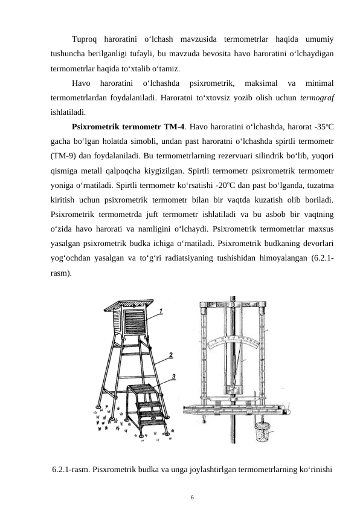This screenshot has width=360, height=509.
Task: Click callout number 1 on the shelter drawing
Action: [x=161, y=311]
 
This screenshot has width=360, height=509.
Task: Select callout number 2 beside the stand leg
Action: [x=170, y=355]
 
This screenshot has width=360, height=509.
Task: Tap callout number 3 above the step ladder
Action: [x=174, y=377]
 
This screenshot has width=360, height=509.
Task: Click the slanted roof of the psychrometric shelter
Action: [x=131, y=304]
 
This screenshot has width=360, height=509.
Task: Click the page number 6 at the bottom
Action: [x=192, y=498]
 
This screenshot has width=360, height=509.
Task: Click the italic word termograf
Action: [x=317, y=98]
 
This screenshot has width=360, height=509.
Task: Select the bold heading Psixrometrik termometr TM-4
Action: [x=129, y=126]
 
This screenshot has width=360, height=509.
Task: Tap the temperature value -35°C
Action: [x=324, y=126]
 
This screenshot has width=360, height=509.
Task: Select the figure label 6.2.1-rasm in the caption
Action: [x=71, y=469]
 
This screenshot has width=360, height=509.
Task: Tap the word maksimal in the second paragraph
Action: [x=261, y=83]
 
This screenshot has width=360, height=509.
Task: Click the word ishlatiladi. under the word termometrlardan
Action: [x=68, y=112]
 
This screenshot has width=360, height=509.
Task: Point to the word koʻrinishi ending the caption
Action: [x=317, y=469]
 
